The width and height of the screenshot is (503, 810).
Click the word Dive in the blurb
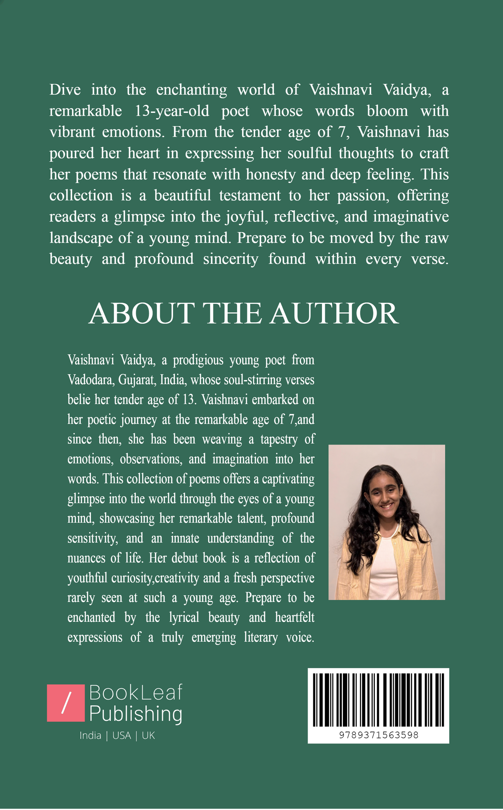tap(65, 90)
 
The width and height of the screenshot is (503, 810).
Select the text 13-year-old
tap(172, 111)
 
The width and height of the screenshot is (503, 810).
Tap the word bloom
tap(387, 111)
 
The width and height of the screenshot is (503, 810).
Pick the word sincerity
tap(230, 259)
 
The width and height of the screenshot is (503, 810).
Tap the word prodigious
tap(198, 360)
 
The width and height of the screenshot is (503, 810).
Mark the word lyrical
tap(184, 618)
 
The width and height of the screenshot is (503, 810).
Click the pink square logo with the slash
tap(66, 703)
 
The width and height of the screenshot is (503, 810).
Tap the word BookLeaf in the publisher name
tap(136, 693)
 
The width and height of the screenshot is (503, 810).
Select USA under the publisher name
tap(121, 735)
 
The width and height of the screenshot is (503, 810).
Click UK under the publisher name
tap(148, 735)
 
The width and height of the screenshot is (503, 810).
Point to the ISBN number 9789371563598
tap(378, 735)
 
